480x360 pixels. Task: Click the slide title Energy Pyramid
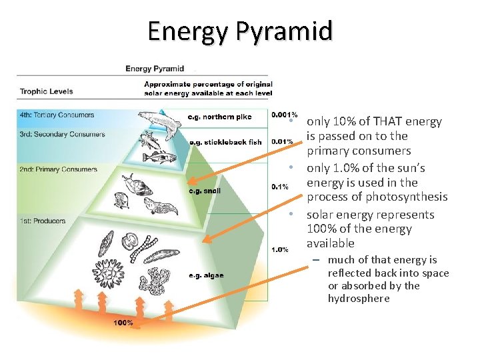coord(239,31)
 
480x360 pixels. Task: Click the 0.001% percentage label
coord(284,115)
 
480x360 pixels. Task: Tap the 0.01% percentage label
coord(282,141)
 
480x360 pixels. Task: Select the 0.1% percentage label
coord(279,187)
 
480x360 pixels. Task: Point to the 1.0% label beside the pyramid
coord(279,249)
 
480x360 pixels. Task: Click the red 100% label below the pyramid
coord(123,323)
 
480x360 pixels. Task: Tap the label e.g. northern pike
coord(219,117)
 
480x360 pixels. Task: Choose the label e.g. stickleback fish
coord(225,142)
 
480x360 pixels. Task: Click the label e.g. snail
coord(205,191)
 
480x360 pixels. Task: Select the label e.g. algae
coord(206,275)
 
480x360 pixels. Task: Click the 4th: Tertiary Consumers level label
coord(57,115)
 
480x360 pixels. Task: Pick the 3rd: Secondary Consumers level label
coord(62,135)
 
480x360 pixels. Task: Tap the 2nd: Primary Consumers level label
coord(59,169)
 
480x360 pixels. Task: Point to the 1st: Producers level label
coord(44,221)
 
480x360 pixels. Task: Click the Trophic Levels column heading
coord(47,91)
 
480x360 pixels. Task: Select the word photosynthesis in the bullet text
coord(409,197)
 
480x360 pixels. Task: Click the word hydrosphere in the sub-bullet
coord(359,299)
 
